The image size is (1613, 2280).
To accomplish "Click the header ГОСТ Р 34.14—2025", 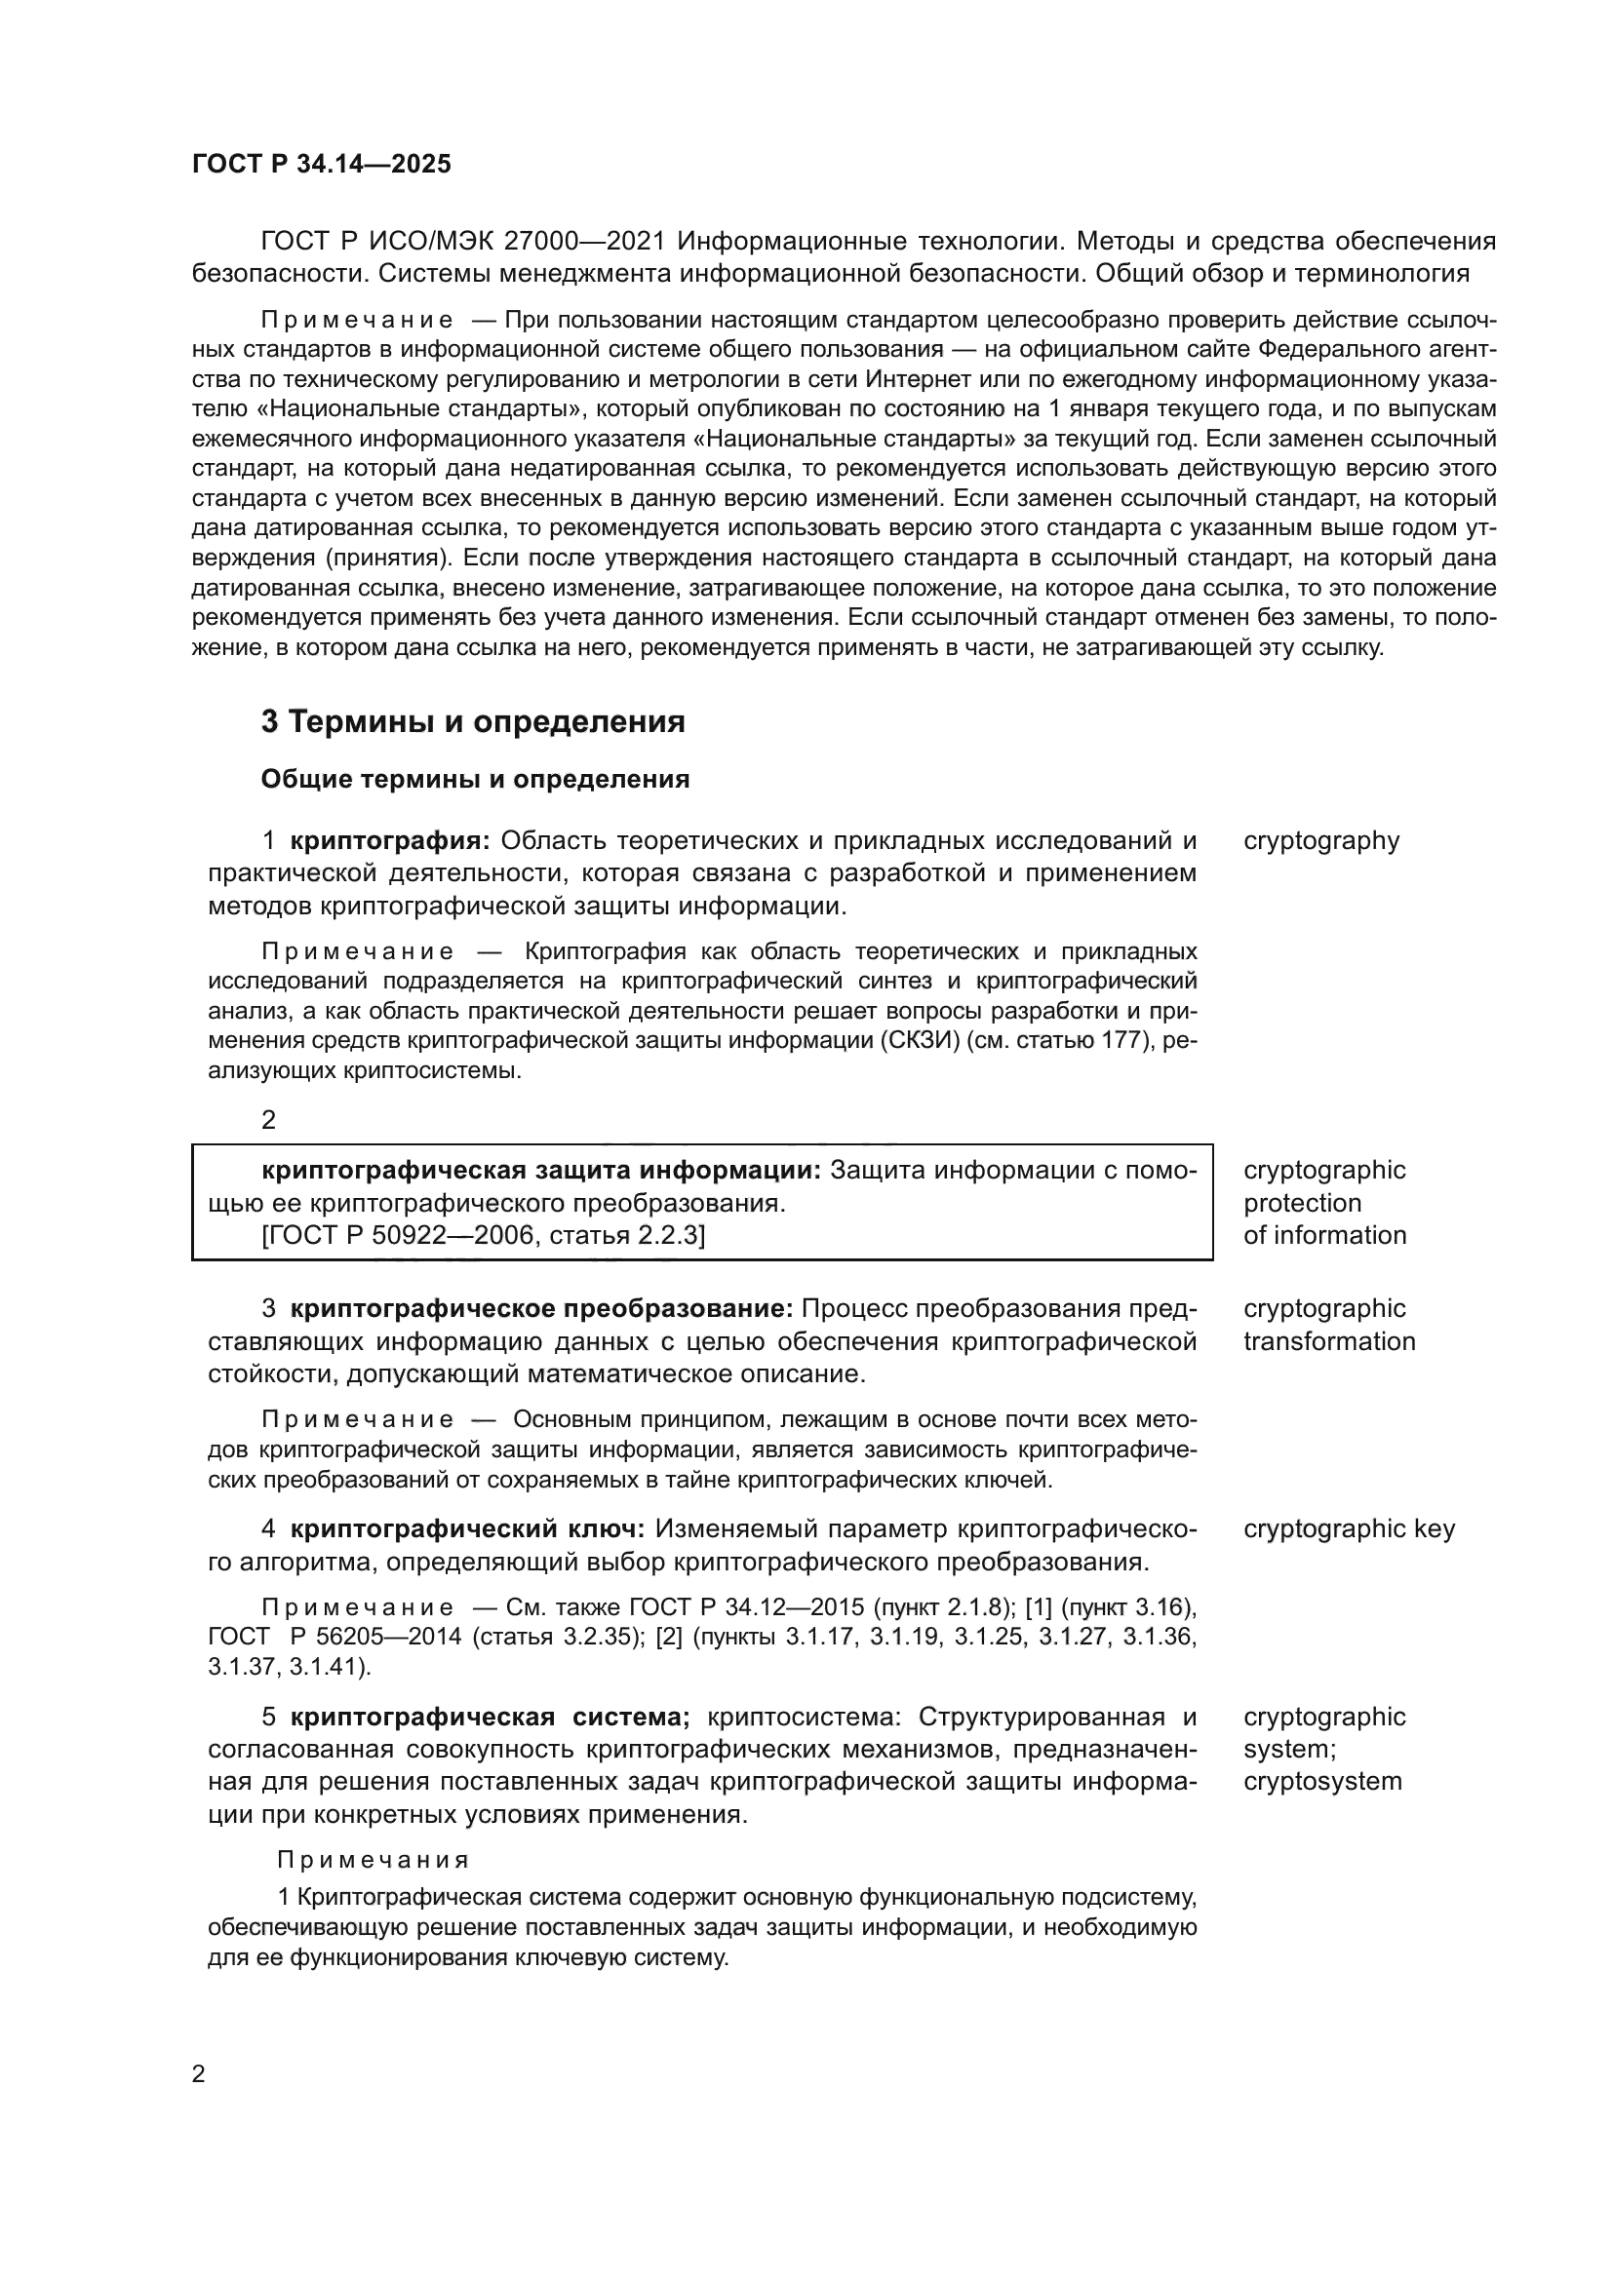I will tap(321, 164).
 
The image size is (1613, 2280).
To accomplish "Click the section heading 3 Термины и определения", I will tap(473, 722).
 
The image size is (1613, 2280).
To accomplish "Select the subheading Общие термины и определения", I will tap(475, 780).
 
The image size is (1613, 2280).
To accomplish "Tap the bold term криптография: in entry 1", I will tap(390, 841).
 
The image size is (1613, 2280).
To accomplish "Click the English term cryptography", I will tap(1321, 841).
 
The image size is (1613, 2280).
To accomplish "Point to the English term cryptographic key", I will tap(1349, 1528).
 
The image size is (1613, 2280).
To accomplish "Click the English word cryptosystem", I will tap(1322, 1781).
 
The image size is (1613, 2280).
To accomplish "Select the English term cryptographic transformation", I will tap(1328, 1325).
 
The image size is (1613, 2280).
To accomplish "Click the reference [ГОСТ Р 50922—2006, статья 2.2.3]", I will tap(483, 1235).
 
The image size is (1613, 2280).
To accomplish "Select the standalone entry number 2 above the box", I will tap(268, 1120).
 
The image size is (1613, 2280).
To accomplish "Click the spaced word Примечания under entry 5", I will tap(373, 1859).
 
